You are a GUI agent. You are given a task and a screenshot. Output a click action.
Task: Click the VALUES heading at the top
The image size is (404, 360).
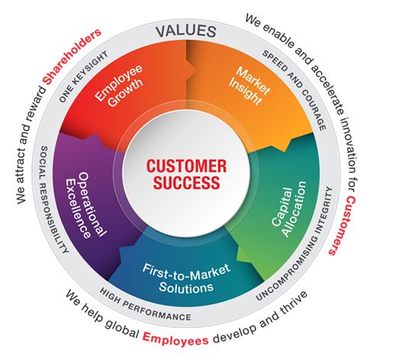coord(186,31)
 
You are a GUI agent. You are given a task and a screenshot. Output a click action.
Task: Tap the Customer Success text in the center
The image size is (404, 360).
coord(186,175)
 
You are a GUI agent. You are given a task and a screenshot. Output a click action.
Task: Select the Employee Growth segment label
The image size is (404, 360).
coord(119,85)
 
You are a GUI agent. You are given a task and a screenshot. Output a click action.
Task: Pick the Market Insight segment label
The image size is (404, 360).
coord(249,85)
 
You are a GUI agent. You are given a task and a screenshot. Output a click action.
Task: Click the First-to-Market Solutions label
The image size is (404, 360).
coord(186,278)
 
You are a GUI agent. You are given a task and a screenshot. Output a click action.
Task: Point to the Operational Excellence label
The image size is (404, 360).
coord(85,205)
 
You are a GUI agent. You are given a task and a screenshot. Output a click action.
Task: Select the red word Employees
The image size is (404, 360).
coord(175,338)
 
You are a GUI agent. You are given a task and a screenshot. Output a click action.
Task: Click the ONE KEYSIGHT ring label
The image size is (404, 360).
coord(83,76)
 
